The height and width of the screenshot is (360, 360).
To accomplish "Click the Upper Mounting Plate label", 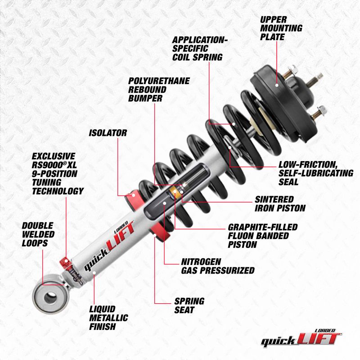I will [x=281, y=28].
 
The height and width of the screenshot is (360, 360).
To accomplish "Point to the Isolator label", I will [x=108, y=133].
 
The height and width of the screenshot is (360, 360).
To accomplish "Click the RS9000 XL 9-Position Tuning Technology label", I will [x=58, y=173].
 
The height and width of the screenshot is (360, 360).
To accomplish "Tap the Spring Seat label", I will [x=189, y=306].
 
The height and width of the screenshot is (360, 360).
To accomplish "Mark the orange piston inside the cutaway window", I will [x=175, y=192].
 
